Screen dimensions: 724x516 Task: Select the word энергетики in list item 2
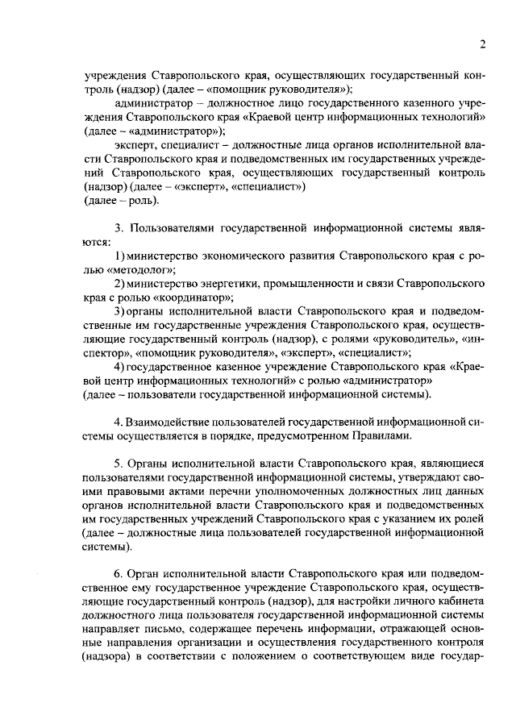[x=221, y=283]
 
